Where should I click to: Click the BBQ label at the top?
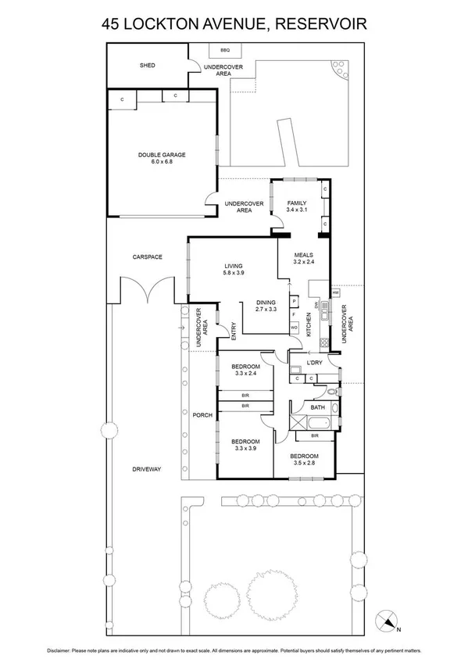(x=226, y=50)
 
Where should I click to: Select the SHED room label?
(x=147, y=66)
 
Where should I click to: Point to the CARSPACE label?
(x=147, y=256)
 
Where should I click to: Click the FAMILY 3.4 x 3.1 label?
(x=298, y=206)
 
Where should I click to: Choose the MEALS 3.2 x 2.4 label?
(x=304, y=258)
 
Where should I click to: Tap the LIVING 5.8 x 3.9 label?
(x=234, y=269)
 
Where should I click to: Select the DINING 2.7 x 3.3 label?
(x=266, y=306)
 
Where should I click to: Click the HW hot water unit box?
(x=335, y=293)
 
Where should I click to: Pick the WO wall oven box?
(x=294, y=327)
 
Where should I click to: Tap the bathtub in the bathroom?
(x=321, y=425)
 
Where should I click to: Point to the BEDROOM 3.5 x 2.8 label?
(x=304, y=459)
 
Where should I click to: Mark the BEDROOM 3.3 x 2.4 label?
(x=245, y=369)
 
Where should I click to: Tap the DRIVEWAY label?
(x=146, y=469)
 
